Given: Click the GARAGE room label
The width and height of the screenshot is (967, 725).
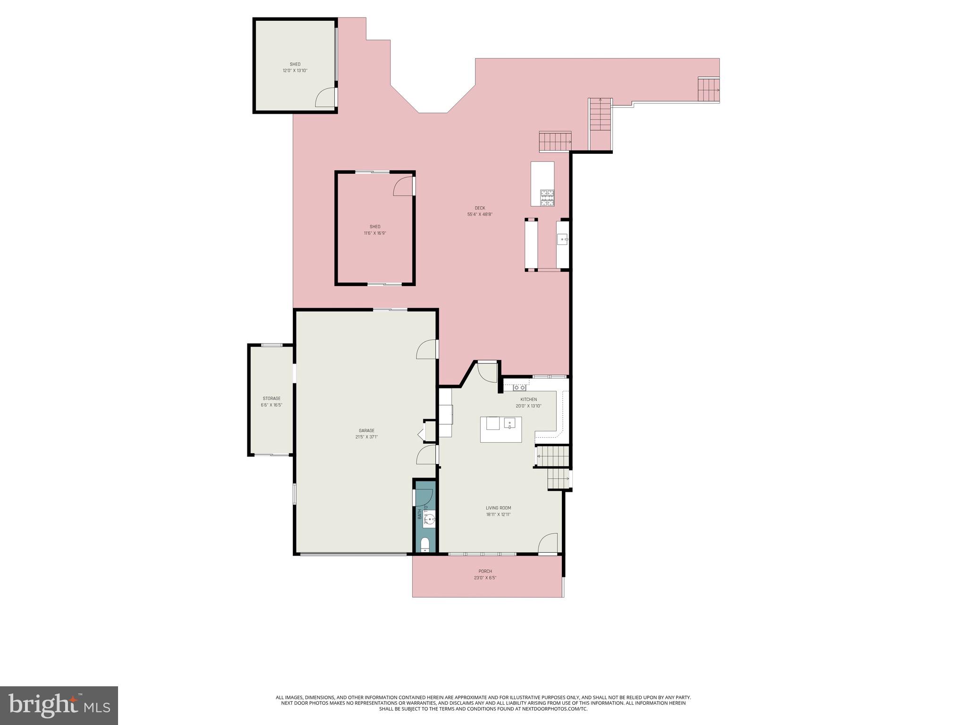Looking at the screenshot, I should click(x=366, y=430).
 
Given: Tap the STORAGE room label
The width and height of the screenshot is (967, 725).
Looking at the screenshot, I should click(x=271, y=398).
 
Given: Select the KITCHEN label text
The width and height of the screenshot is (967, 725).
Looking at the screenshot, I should click(x=528, y=399).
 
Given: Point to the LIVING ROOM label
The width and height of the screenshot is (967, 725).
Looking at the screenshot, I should click(x=498, y=508).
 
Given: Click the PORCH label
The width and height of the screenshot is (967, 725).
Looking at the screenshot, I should click(x=485, y=571).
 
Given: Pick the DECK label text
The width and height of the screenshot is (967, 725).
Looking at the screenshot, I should click(x=480, y=208).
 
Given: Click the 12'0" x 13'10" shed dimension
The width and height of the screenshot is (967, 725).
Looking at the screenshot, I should click(x=295, y=71).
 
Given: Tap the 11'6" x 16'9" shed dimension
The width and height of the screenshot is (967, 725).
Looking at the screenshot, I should click(x=375, y=233).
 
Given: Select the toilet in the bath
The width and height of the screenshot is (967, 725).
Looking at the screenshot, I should click(x=425, y=545).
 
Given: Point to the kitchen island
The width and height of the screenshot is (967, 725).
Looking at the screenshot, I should click(x=501, y=430).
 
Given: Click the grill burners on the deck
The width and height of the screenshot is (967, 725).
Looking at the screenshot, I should click(x=547, y=197).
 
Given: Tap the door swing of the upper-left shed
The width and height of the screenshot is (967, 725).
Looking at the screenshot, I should click(x=325, y=98).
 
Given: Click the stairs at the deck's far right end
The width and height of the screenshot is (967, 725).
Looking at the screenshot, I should click(x=708, y=90).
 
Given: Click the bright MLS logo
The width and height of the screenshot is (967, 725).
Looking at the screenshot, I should click(x=59, y=705).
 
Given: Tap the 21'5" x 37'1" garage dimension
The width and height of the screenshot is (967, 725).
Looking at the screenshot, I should click(x=366, y=437).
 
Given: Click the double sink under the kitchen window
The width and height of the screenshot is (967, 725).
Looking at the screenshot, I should click(x=520, y=388).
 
